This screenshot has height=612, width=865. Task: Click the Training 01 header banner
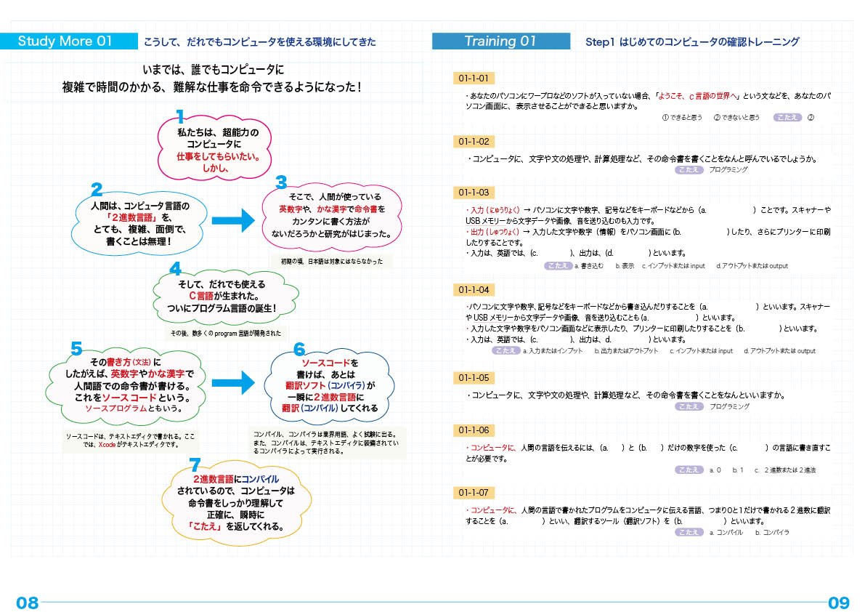click(x=500, y=41)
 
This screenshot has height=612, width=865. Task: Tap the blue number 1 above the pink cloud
click(x=181, y=116)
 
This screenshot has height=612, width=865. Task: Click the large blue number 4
click(x=175, y=270)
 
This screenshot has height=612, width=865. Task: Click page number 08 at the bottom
click(x=27, y=603)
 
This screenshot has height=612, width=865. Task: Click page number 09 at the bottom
click(x=838, y=603)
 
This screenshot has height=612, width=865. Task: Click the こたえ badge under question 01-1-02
click(x=688, y=169)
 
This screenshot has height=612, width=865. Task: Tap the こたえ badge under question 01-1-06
click(x=688, y=470)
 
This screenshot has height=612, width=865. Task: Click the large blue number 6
click(x=299, y=350)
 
